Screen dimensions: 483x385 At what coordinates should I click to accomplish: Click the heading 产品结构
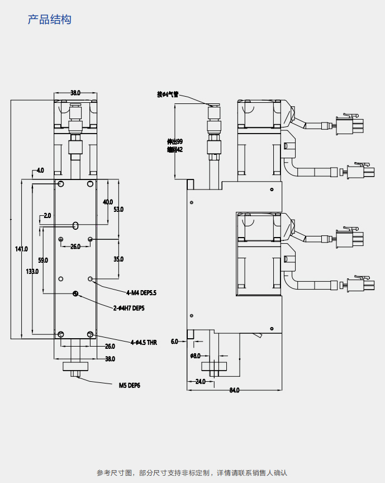click(49, 20)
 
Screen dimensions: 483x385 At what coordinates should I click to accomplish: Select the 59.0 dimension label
click(43, 260)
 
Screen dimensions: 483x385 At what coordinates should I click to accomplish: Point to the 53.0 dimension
click(118, 209)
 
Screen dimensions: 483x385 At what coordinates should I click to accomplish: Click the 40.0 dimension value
click(107, 202)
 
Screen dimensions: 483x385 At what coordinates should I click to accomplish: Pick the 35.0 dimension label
click(118, 259)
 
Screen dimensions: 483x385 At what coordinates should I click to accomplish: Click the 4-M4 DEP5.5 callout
click(141, 292)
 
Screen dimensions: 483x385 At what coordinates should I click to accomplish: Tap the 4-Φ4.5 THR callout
click(144, 342)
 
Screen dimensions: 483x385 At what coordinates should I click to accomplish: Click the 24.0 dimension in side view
click(200, 381)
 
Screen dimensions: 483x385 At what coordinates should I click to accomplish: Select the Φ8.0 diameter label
click(195, 356)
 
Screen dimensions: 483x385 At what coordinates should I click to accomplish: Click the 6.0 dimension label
click(174, 341)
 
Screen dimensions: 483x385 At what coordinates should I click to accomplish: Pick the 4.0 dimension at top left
click(40, 170)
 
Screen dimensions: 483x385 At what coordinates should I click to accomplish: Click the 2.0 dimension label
click(47, 215)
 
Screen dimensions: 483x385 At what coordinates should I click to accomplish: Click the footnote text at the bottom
click(192, 473)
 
